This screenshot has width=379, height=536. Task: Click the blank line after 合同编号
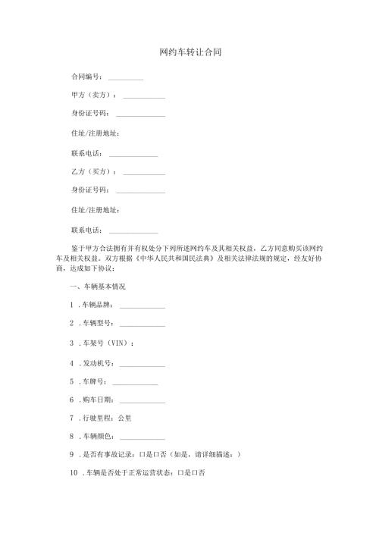tap(126, 79)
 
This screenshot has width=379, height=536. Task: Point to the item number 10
tap(73, 474)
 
